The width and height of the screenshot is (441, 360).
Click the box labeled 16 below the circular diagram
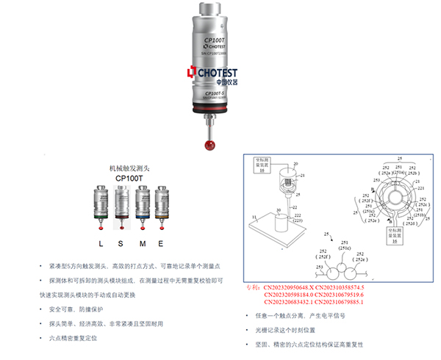tap(394, 231)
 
